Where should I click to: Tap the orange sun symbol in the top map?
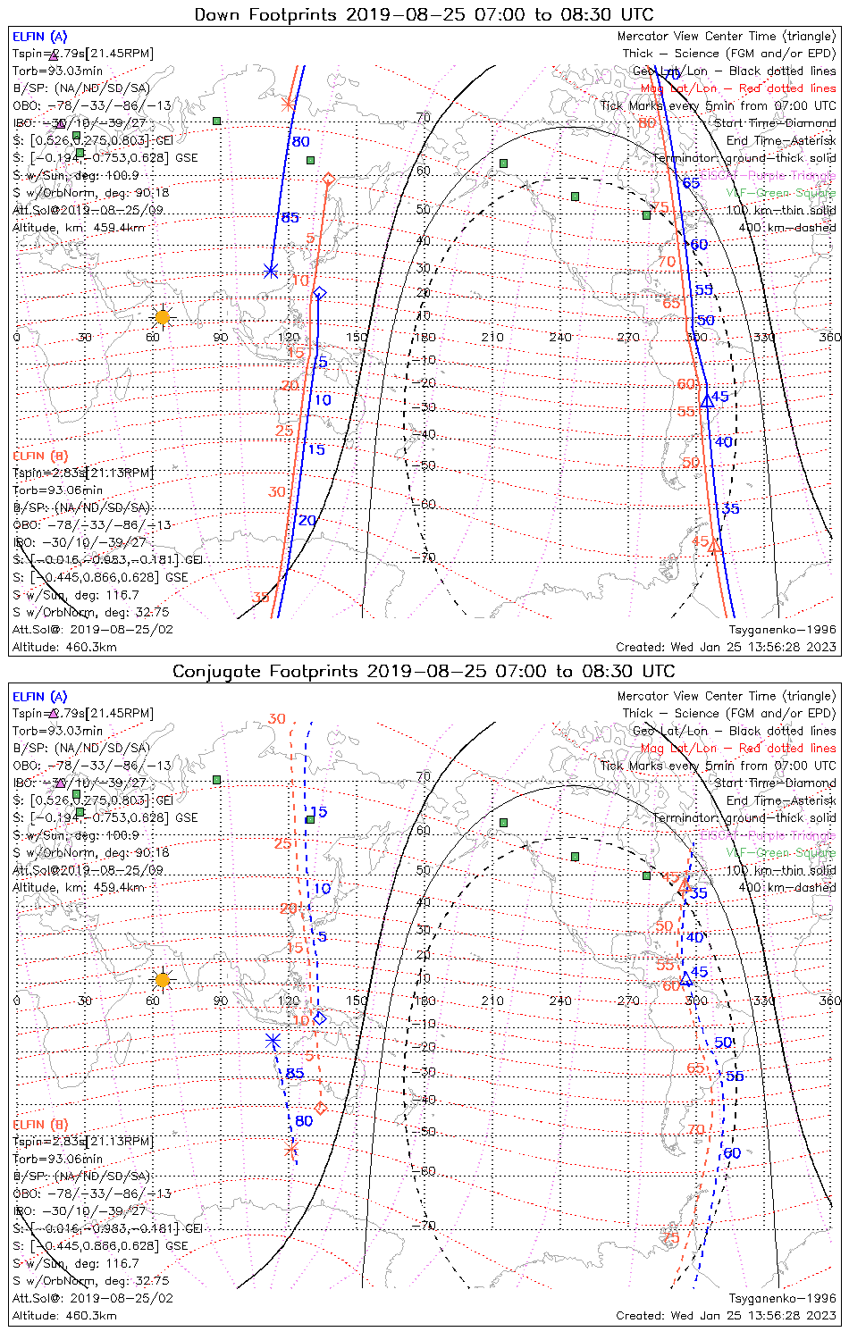click(162, 317)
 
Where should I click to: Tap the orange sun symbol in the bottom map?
click(162, 980)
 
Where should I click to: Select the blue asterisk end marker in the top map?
click(271, 271)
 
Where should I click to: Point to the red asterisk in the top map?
click(288, 104)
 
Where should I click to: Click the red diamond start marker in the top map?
click(328, 180)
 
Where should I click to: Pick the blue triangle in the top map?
click(707, 400)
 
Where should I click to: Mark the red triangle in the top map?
click(715, 545)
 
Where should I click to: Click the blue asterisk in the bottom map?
click(273, 1041)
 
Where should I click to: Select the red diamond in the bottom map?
click(321, 1109)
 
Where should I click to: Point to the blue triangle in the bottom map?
click(686, 979)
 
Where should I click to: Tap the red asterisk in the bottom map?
click(290, 1149)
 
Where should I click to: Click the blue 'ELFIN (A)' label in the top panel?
click(39, 37)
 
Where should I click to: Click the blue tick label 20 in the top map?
click(307, 521)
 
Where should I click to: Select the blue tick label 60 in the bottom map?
click(732, 1153)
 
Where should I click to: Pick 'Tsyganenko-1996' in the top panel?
click(782, 630)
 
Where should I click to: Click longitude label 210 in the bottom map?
click(492, 1001)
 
